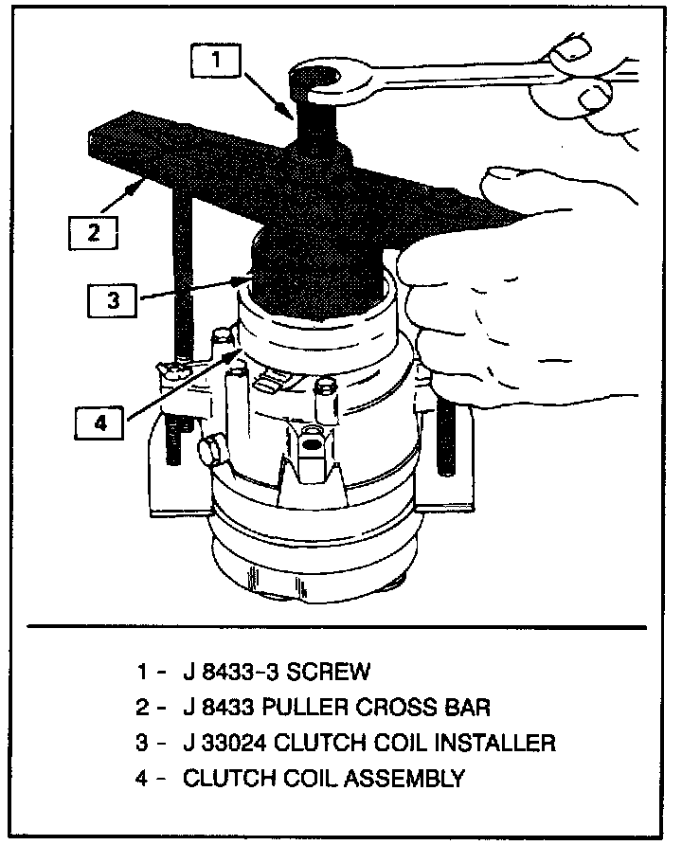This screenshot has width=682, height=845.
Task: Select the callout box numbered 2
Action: click(93, 231)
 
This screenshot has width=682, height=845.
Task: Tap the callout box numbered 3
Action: click(113, 301)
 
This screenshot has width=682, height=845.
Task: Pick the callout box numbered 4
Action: click(101, 423)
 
